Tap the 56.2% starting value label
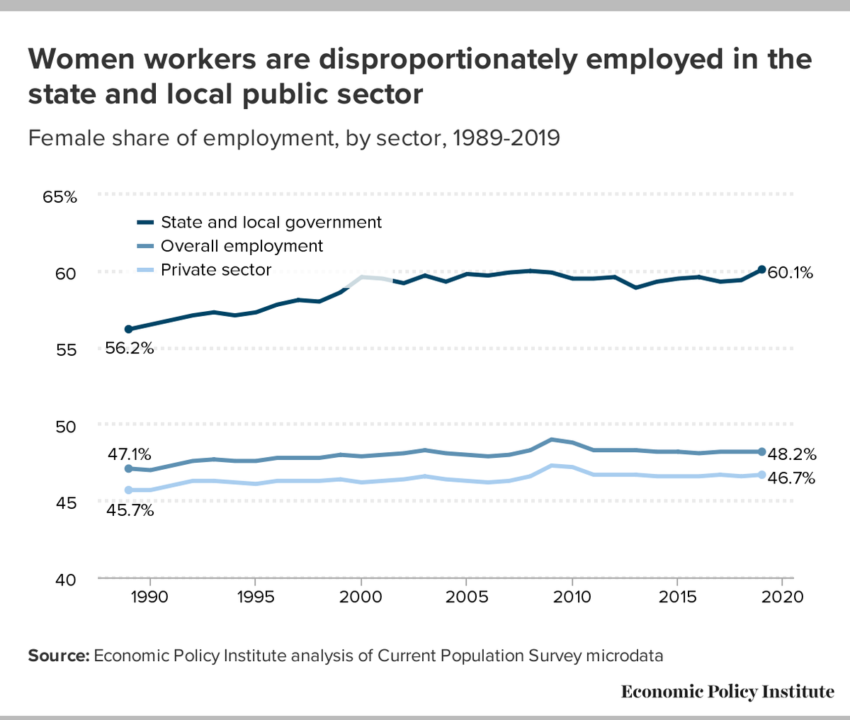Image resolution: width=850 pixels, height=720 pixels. [130, 349]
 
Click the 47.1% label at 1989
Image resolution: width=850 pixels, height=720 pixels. [130, 454]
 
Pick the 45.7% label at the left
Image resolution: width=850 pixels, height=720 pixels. [130, 510]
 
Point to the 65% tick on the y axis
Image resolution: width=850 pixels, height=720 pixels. [59, 197]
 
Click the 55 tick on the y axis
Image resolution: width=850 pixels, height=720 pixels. [65, 350]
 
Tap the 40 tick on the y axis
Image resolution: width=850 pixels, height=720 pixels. [65, 580]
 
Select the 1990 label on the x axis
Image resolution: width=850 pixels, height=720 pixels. [149, 597]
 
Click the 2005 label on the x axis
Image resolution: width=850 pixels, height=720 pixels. [466, 597]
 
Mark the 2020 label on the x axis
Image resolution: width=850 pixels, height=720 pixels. [782, 597]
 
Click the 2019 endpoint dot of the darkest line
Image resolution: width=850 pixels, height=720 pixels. [761, 269]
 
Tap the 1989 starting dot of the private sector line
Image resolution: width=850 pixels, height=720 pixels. [128, 490]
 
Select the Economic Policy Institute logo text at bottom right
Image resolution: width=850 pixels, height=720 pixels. [727, 692]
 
